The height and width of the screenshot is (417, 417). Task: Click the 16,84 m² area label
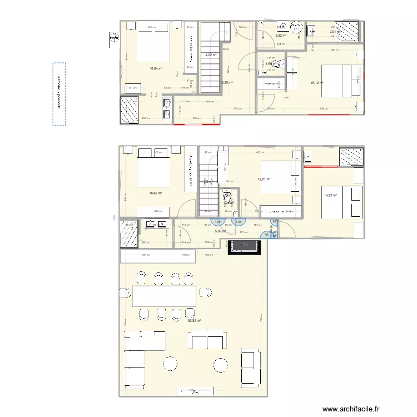[x=156, y=68]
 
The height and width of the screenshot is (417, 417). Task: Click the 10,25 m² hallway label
[x=226, y=82]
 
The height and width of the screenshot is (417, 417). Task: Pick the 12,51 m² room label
[x=264, y=179]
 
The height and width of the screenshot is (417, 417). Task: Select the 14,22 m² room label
[x=330, y=195]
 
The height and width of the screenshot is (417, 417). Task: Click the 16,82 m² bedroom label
[x=155, y=193]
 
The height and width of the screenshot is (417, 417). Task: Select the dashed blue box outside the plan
[x=59, y=93]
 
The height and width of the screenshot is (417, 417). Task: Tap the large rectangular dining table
[x=163, y=296]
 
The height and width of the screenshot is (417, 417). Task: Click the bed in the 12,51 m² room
[x=276, y=177]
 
